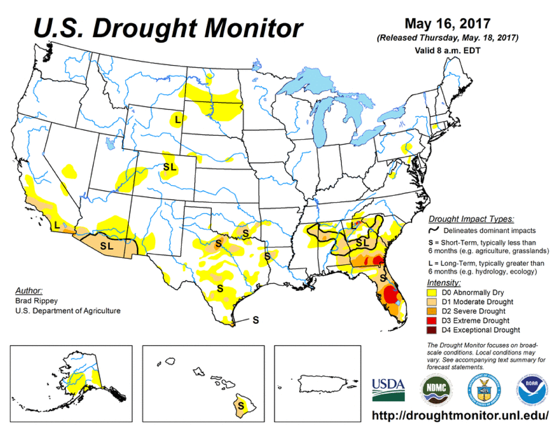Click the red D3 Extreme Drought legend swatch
[x=431, y=321]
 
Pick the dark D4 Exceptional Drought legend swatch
[x=431, y=330]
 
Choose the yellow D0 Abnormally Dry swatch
[x=431, y=292]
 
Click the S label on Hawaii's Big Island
[x=241, y=406]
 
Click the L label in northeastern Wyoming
[x=178, y=119]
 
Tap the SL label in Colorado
[x=170, y=167]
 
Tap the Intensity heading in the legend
[x=444, y=283]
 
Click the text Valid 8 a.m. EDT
[x=447, y=50]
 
